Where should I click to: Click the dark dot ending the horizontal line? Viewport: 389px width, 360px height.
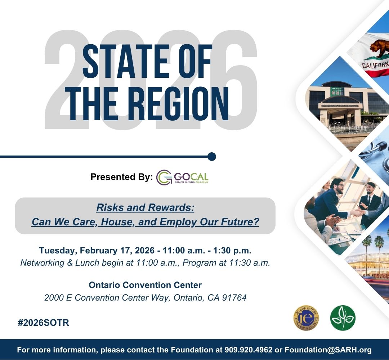[212, 157]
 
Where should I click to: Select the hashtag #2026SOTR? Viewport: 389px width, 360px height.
[43, 323]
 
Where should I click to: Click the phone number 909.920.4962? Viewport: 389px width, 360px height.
[249, 350]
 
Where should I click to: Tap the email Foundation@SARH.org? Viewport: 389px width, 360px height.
[328, 350]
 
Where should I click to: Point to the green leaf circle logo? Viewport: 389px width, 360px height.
[343, 318]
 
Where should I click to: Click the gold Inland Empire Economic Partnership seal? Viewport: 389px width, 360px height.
[306, 318]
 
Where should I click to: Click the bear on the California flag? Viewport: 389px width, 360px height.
[376, 49]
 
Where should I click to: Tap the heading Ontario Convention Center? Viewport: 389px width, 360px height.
[145, 285]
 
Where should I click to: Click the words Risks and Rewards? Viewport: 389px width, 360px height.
[145, 208]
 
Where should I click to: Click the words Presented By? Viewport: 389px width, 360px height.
[121, 177]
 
